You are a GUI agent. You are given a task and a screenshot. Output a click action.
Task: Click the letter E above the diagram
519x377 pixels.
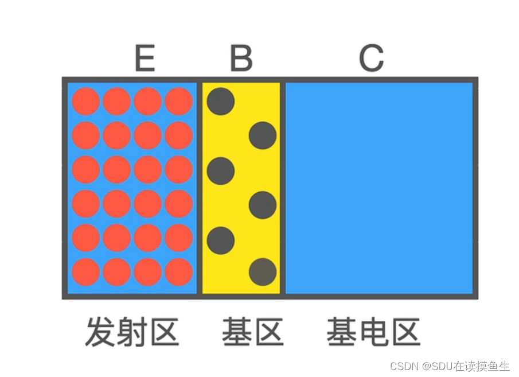pos(145,58)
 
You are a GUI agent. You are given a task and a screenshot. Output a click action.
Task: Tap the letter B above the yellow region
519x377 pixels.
pos(241,58)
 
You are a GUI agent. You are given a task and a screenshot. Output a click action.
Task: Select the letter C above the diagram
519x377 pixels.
pos(372,58)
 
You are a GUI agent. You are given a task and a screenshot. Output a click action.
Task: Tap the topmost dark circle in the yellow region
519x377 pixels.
pos(221,102)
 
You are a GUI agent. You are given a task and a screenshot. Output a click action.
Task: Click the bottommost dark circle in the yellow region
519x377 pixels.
pos(263,272)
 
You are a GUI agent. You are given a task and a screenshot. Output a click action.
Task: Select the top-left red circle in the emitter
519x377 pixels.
pos(86,102)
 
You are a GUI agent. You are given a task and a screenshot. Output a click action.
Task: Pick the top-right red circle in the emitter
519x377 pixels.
pos(179,102)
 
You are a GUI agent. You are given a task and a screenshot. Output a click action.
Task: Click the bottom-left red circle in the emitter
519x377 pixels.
pos(86,272)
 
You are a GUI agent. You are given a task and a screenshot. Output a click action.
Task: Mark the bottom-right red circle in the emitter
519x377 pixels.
pos(179,272)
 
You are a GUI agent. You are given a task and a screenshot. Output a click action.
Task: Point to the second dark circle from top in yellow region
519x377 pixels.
pos(263,135)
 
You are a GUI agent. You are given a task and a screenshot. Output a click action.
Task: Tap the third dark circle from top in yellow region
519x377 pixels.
pos(221,170)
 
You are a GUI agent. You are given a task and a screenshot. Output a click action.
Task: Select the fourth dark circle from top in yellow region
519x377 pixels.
pos(263,204)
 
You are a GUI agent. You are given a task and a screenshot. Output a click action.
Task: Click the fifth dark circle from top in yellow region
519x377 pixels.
pos(221,240)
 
